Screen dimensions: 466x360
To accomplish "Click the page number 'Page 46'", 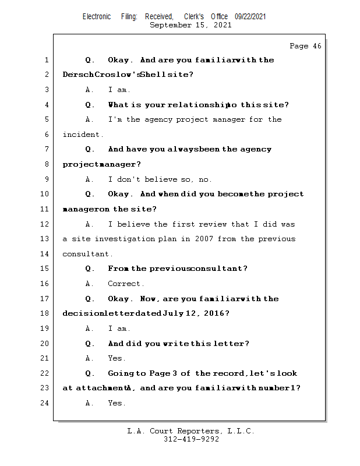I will pos(305,46).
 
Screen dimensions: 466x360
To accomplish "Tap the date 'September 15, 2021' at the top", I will pos(190,25).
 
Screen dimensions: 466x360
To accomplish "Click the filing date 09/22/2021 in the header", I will pos(250,17).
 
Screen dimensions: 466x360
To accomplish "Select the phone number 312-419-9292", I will pos(191,440).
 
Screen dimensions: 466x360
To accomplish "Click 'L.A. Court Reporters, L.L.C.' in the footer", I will pos(190,431).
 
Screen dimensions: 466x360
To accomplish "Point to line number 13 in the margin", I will pos(45,239).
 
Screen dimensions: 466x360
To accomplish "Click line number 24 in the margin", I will pos(45,403).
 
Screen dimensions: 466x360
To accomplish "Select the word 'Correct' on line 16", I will pos(125,284).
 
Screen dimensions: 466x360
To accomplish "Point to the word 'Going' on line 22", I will pos(121,373).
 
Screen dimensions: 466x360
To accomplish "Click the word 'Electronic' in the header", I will pos(97,17).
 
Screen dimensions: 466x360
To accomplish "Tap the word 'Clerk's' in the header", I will pos(194,17).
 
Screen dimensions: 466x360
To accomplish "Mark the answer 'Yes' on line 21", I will pos(117,358).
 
